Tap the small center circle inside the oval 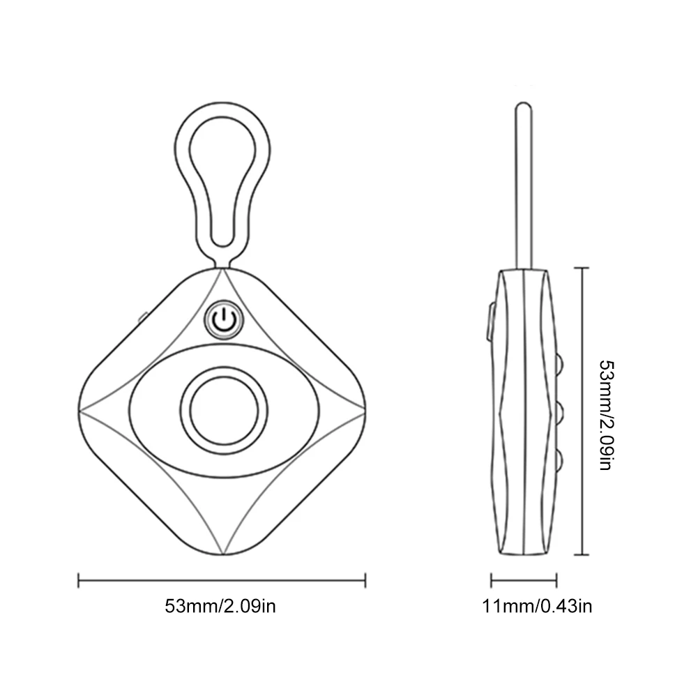222,409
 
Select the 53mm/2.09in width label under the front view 221,605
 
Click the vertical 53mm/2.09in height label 605,414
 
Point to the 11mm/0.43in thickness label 538,605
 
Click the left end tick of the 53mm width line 79,579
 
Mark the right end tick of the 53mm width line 365,579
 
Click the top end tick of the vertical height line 582,267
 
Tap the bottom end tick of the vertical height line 582,555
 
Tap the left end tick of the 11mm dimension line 492,579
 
